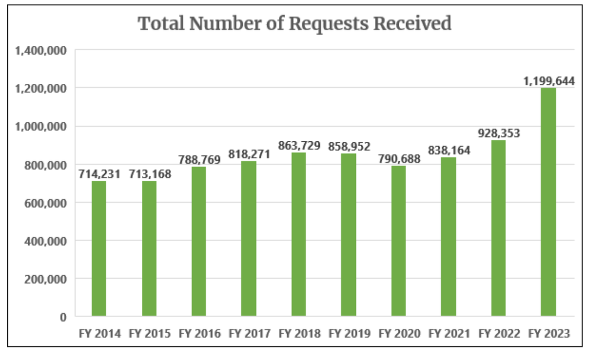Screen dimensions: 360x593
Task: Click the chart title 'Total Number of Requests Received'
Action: (295, 23)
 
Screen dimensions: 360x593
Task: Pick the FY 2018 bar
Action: (298, 234)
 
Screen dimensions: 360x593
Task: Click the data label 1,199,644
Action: (549, 81)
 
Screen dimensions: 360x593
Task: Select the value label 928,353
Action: (499, 133)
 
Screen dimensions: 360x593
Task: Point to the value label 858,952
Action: (349, 146)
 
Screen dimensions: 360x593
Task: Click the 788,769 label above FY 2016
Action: (199, 160)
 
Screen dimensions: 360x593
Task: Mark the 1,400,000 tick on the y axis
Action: (41, 50)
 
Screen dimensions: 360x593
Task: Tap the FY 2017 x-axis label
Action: (249, 334)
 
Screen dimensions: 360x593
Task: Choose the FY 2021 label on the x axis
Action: (449, 334)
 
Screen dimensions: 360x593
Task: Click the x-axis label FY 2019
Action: (349, 334)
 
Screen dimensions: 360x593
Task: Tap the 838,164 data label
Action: (449, 150)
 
